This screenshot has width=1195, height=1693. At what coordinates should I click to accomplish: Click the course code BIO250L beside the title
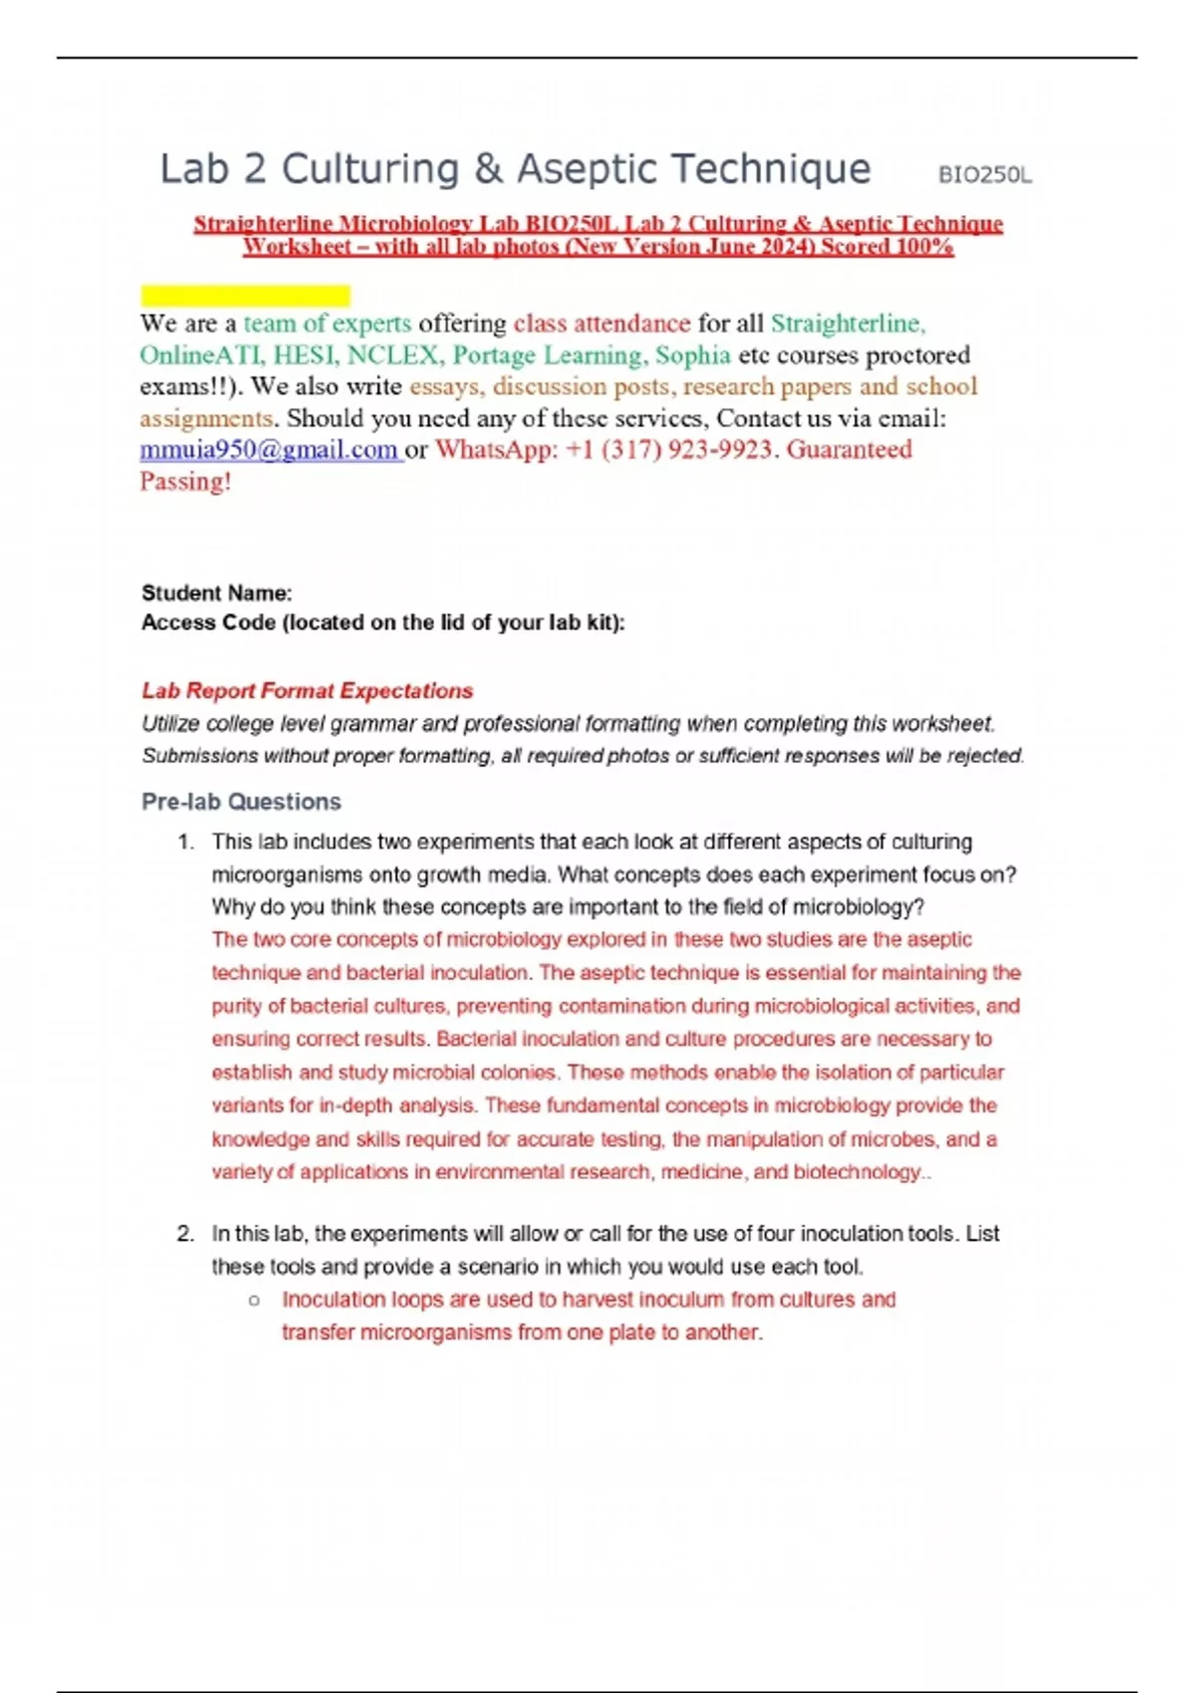(x=984, y=175)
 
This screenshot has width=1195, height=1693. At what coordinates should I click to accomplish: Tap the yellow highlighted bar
(x=245, y=295)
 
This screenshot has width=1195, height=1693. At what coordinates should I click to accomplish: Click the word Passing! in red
(x=185, y=482)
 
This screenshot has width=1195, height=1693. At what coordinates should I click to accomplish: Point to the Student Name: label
(x=217, y=594)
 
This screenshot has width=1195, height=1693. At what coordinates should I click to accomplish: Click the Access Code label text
(x=383, y=622)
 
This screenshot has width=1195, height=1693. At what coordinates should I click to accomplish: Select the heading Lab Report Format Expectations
(x=307, y=691)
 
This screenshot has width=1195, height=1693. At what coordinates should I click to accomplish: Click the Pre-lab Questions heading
(x=241, y=802)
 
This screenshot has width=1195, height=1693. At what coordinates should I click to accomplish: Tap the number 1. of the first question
(x=185, y=843)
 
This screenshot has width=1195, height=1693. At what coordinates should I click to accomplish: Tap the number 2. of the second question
(x=185, y=1234)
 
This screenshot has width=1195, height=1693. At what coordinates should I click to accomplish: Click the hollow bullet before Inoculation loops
(x=255, y=1301)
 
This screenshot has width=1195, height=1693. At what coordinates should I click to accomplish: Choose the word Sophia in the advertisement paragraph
(x=692, y=356)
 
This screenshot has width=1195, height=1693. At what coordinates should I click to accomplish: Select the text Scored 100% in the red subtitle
(x=886, y=247)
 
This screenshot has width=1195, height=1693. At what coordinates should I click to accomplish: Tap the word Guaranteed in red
(x=848, y=450)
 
